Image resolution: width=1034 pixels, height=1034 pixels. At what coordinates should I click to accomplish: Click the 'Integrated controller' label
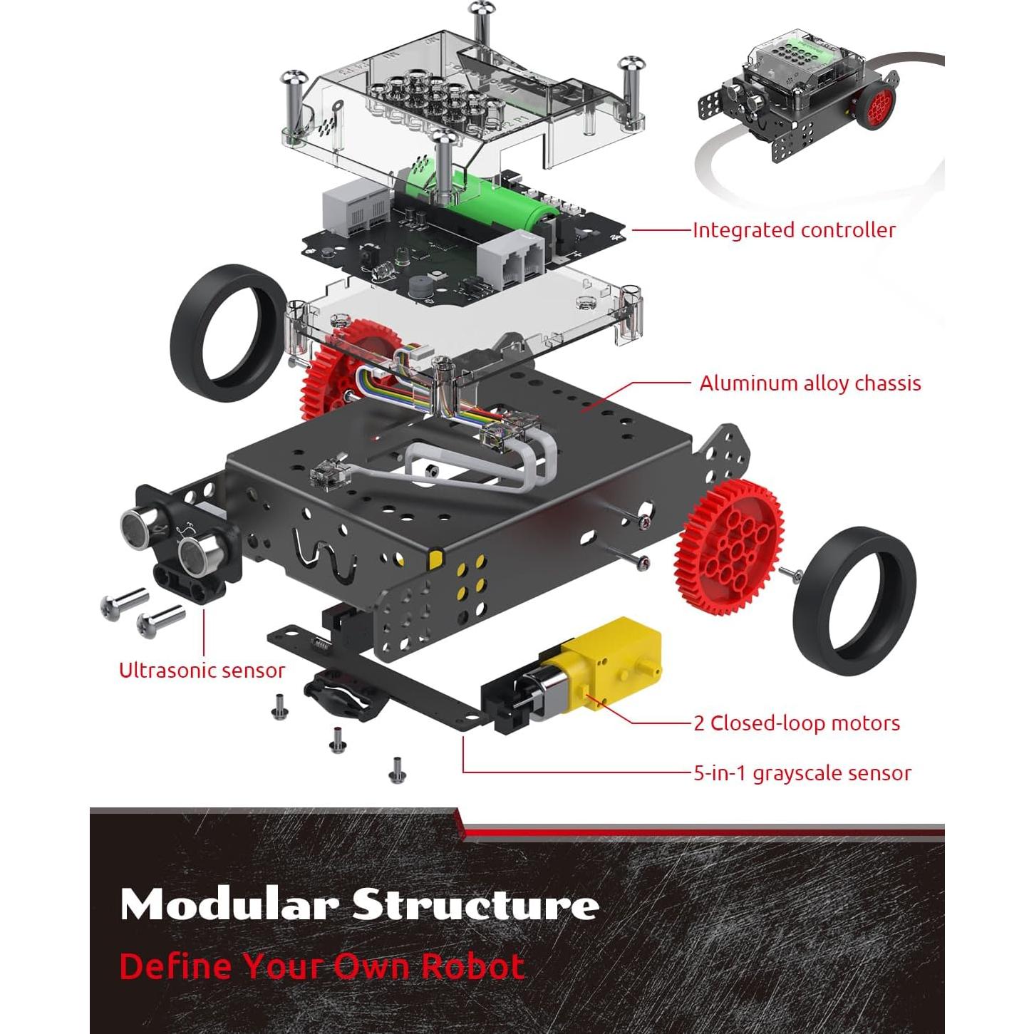(794, 230)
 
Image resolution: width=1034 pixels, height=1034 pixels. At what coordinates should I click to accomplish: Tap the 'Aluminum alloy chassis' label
(810, 383)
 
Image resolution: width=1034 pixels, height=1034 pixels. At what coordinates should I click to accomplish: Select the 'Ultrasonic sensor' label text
(202, 671)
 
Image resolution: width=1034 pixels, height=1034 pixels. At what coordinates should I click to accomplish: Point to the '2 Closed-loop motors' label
(797, 723)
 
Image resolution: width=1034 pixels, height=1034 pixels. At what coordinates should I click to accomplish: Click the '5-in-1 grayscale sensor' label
(802, 773)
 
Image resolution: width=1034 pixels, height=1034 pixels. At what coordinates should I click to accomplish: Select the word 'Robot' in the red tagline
(472, 967)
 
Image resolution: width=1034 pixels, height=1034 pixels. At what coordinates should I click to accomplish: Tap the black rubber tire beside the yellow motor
(854, 601)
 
